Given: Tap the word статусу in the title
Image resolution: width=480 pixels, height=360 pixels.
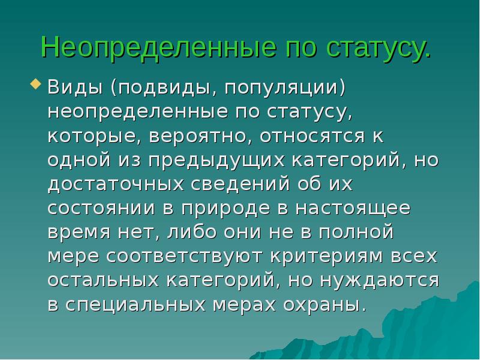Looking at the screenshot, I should tap(376, 48).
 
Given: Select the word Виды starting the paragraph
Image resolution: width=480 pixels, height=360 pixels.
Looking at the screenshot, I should tap(76, 88).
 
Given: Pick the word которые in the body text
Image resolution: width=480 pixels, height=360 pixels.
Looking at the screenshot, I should tap(91, 137).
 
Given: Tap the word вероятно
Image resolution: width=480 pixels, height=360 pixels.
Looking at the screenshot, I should tap(197, 137).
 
